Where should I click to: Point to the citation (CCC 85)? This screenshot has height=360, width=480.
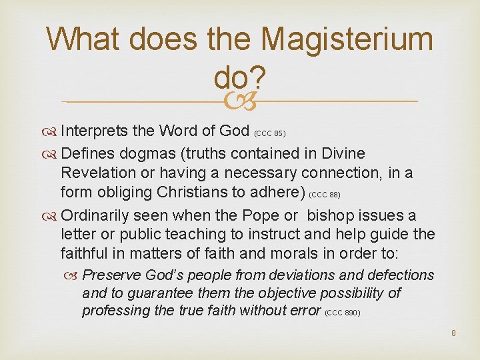270,133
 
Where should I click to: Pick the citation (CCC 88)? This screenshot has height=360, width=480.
326,195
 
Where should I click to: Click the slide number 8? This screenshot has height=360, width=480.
453,333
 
